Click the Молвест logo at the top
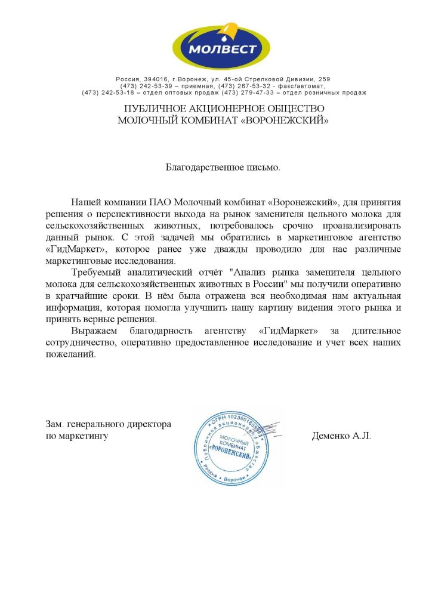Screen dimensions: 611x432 click(221, 44)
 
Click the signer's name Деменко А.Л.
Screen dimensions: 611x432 click(341, 436)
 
